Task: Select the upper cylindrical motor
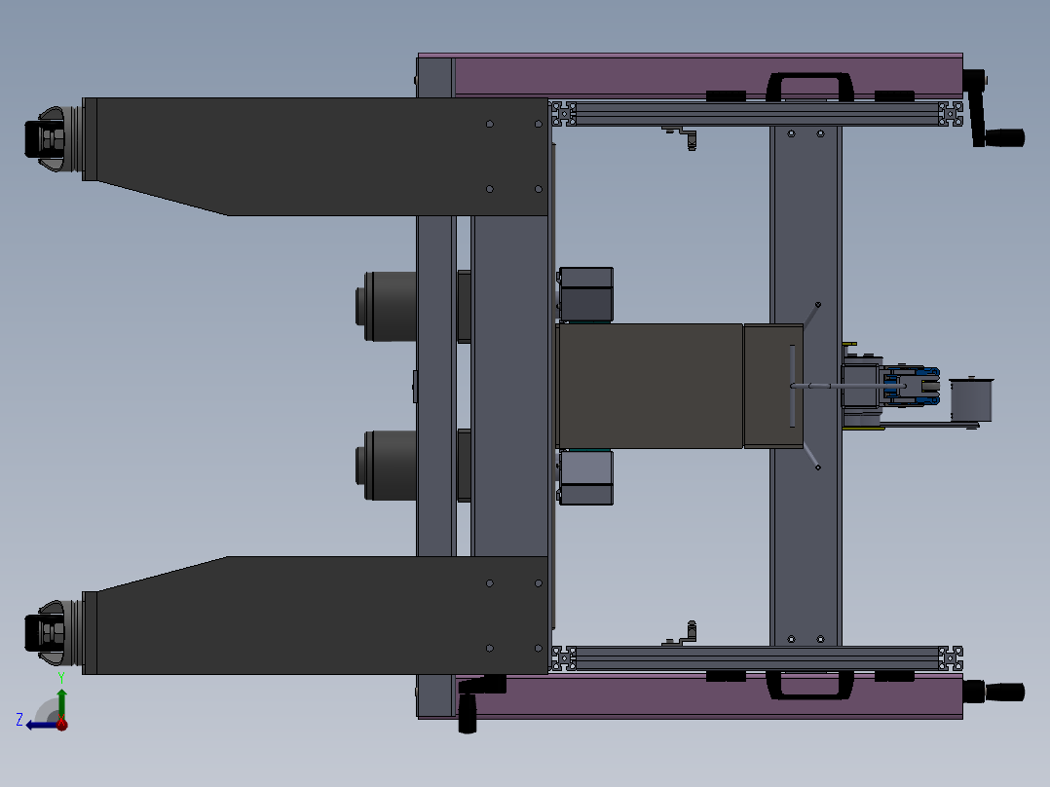point(390,306)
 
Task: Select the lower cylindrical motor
point(390,465)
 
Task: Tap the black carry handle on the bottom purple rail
point(809,685)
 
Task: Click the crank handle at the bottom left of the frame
point(477,699)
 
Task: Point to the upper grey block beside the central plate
point(586,293)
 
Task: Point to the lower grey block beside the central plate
point(586,477)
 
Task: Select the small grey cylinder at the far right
point(969,399)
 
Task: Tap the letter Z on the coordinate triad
point(19,720)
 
